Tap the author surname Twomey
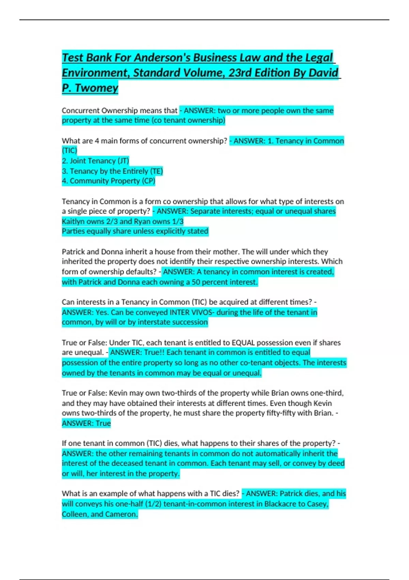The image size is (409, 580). pos(96,88)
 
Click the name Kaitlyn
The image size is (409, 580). pos(73,221)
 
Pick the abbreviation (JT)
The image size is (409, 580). pos(123,161)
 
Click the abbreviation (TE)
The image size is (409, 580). pos(156,171)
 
